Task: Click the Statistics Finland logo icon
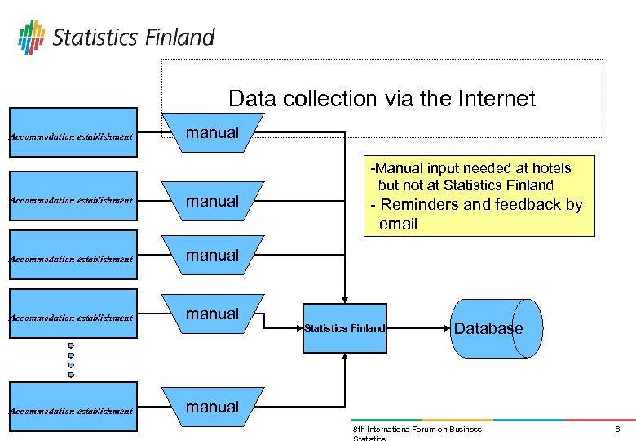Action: [32, 37]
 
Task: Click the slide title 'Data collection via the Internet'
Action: [382, 99]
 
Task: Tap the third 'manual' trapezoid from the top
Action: [213, 256]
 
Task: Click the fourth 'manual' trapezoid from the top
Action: [213, 314]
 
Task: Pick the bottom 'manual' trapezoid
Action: [213, 407]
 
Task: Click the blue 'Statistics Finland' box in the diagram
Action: [344, 327]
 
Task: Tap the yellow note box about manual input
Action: [479, 196]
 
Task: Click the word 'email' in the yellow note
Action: [399, 224]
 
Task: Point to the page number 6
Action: [617, 430]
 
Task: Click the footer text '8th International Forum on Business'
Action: [417, 430]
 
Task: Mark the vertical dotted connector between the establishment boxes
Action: [71, 360]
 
